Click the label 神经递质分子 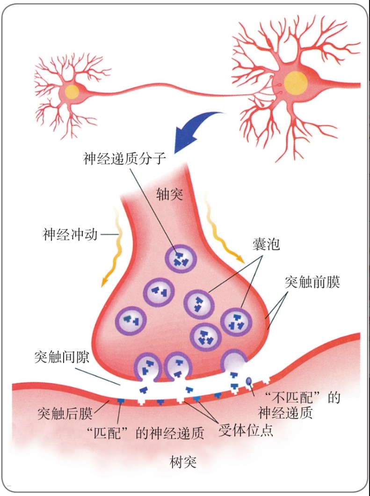(x=125, y=159)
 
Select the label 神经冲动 (x=70, y=234)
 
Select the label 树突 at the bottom (x=183, y=462)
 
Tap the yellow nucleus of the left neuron (x=72, y=91)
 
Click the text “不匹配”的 (x=302, y=398)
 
